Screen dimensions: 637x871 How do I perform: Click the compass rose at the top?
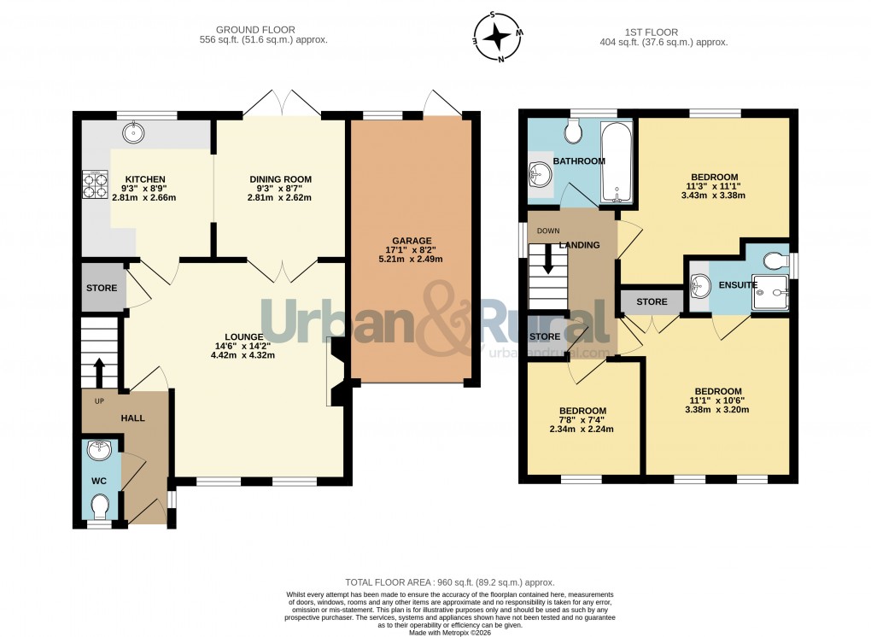click(x=499, y=37)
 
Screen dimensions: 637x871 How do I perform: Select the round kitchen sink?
click(x=134, y=131)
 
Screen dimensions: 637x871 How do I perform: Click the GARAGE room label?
click(x=412, y=241)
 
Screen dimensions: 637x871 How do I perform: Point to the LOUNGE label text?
click(x=238, y=335)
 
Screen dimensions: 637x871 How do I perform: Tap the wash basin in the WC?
click(x=99, y=450)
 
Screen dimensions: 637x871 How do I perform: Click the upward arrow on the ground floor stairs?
click(x=98, y=371)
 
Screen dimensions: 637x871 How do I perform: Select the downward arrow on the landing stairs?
click(x=547, y=261)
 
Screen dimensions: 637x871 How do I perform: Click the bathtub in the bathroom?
click(x=616, y=161)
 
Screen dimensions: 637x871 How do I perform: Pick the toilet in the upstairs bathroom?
click(x=572, y=131)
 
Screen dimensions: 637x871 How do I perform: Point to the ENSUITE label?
click(x=738, y=284)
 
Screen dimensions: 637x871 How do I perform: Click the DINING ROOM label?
click(x=280, y=179)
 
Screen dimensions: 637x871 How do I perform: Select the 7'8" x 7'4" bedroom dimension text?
click(x=582, y=424)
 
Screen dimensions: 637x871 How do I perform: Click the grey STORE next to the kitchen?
click(x=102, y=288)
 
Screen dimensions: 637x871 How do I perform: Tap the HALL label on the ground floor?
click(x=132, y=418)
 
